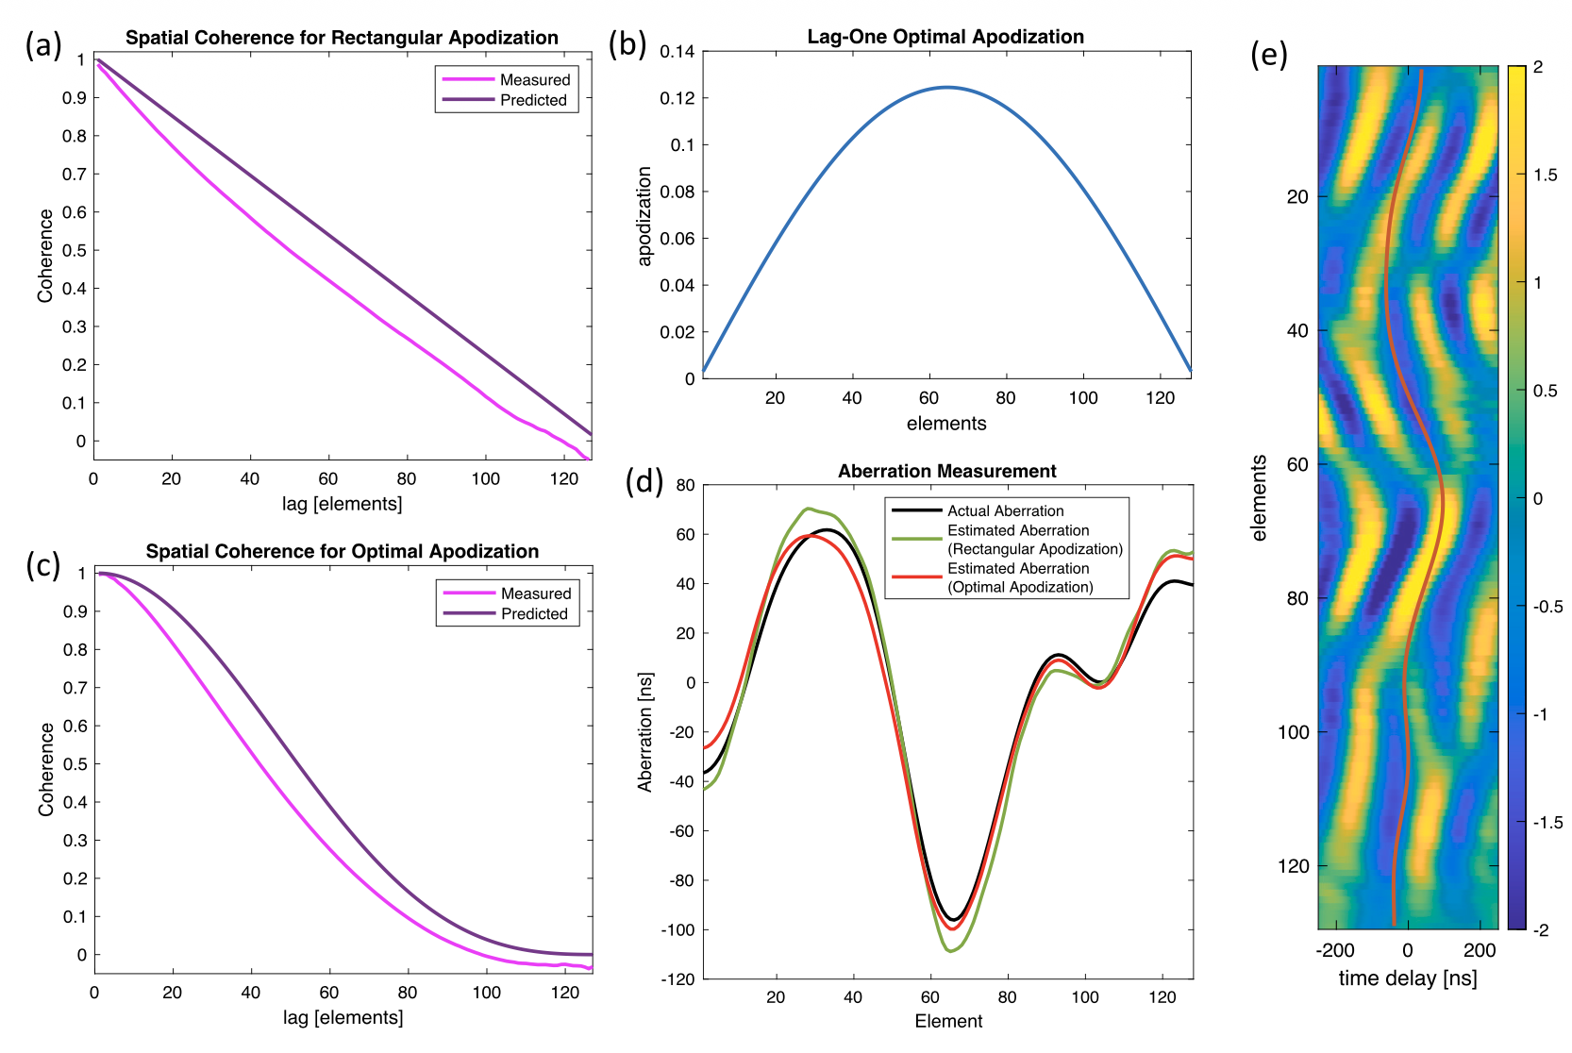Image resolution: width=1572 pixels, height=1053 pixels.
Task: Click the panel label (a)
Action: [x=43, y=46]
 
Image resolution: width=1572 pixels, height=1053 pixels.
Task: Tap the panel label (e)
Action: [x=1269, y=55]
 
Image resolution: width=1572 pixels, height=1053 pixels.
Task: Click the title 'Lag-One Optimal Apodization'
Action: [x=945, y=37]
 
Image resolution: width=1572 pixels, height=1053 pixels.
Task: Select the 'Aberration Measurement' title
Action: [x=946, y=471]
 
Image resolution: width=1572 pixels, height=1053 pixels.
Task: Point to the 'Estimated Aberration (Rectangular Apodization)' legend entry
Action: [x=1007, y=540]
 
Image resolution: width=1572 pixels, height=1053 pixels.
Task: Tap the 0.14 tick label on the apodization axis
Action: [x=677, y=52]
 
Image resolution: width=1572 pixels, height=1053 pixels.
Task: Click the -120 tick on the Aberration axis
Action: [x=677, y=979]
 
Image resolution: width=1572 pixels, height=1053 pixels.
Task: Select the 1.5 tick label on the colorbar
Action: [x=1545, y=175]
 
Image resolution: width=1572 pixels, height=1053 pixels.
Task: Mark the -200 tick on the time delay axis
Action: [x=1334, y=950]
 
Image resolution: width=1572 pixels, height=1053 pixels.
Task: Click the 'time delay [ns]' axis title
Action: [x=1408, y=978]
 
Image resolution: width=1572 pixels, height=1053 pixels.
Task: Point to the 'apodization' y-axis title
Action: [x=644, y=216]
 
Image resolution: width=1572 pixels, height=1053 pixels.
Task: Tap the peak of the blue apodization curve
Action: [x=946, y=87]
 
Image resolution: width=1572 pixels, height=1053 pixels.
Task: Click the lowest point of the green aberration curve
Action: [x=949, y=950]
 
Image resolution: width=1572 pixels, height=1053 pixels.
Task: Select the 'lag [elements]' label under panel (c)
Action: [x=343, y=1017]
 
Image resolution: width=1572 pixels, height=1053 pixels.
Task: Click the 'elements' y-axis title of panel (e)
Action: [x=1259, y=497]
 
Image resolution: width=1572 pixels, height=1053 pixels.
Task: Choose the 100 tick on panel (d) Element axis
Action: [x=1085, y=997]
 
